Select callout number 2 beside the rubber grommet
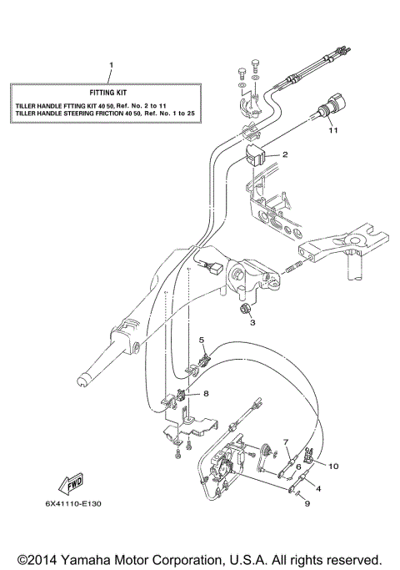[284, 155]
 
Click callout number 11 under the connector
[332, 131]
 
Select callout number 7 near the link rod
[284, 441]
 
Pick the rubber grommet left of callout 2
[256, 153]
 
